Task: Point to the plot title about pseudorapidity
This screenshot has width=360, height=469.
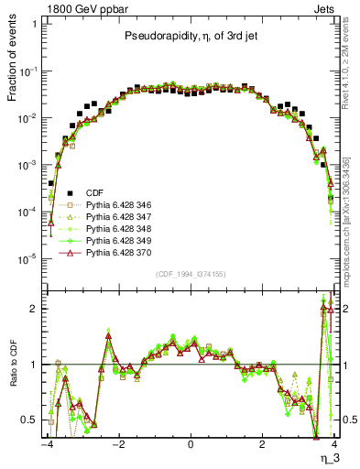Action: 190,37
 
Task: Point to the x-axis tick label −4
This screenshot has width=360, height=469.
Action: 46,444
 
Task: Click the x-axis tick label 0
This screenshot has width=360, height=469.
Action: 191,444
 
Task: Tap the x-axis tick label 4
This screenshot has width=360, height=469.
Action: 334,444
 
